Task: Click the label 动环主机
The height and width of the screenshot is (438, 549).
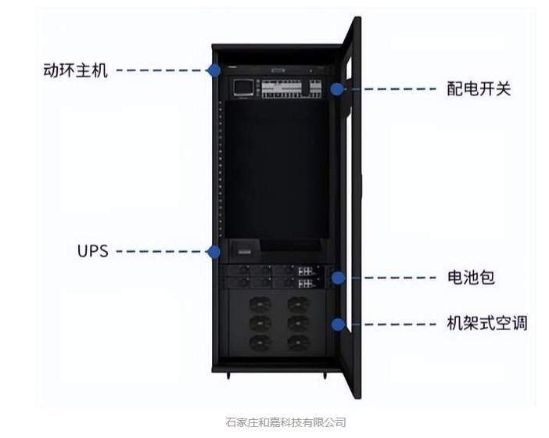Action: [x=75, y=70]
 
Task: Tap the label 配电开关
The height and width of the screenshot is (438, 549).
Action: [x=479, y=88]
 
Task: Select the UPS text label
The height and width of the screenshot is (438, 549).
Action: [x=93, y=251]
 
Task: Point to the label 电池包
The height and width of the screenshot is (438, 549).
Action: [x=471, y=278]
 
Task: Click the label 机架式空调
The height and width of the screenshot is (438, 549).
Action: [x=487, y=323]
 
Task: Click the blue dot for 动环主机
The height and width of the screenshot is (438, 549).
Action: [x=213, y=70]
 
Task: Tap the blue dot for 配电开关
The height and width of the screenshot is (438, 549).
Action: [x=337, y=89]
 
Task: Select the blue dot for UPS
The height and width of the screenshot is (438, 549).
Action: [x=213, y=252]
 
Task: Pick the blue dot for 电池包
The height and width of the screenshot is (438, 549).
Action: [x=338, y=278]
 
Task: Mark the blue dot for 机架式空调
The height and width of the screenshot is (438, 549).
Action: [x=338, y=325]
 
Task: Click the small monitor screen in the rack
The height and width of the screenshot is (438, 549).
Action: [x=244, y=88]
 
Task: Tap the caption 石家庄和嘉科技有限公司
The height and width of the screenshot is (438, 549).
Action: [x=285, y=422]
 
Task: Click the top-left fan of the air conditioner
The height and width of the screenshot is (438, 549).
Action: [x=260, y=303]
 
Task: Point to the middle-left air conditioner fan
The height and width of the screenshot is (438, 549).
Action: [x=260, y=323]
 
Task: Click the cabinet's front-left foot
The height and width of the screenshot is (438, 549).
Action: [x=228, y=375]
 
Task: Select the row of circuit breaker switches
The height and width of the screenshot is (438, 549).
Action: [x=291, y=89]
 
